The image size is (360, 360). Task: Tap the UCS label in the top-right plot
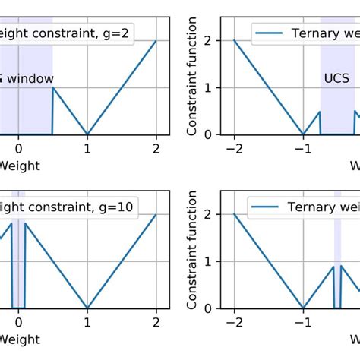(x=337, y=78)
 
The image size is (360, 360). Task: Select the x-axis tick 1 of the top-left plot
(x=87, y=148)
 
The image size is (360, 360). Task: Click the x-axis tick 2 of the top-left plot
(x=156, y=148)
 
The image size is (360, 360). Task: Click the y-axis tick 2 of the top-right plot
(x=217, y=41)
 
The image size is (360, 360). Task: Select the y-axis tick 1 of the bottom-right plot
(x=217, y=261)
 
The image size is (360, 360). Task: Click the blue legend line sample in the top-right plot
(x=270, y=33)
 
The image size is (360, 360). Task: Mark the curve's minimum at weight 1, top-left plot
(x=87, y=134)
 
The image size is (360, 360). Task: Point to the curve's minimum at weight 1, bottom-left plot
(x=87, y=308)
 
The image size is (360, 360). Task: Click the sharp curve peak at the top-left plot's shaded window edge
(x=52, y=87)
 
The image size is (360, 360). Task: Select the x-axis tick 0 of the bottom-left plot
(x=18, y=322)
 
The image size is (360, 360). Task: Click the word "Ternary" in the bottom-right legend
(x=311, y=207)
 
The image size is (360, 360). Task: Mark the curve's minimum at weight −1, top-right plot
(x=303, y=134)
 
